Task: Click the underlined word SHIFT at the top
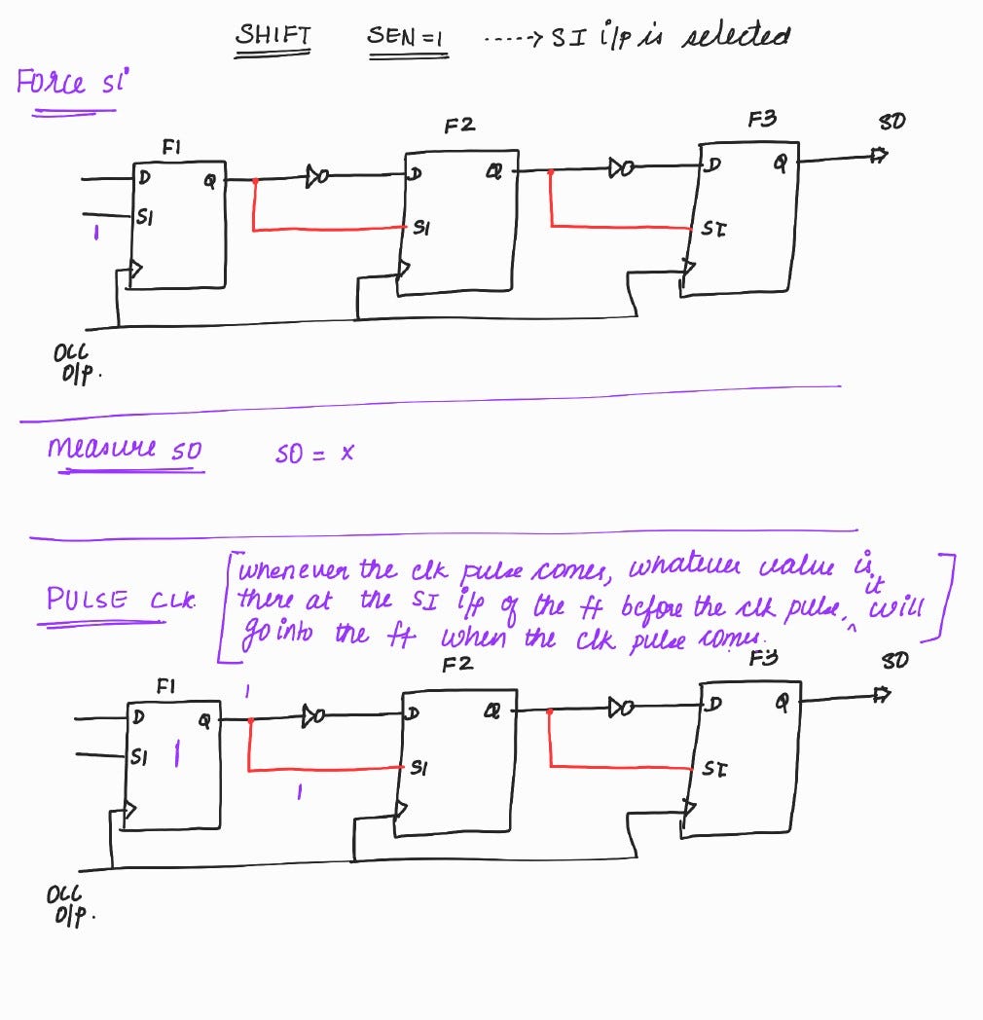coord(273,37)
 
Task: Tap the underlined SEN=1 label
coord(407,37)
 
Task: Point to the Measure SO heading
coord(126,450)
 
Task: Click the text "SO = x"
coord(314,454)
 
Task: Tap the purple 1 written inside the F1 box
coord(176,754)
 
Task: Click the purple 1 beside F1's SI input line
coord(94,233)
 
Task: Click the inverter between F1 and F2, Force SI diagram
coord(317,177)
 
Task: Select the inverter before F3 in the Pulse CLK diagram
coord(619,705)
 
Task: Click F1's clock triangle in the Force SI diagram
coord(136,269)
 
